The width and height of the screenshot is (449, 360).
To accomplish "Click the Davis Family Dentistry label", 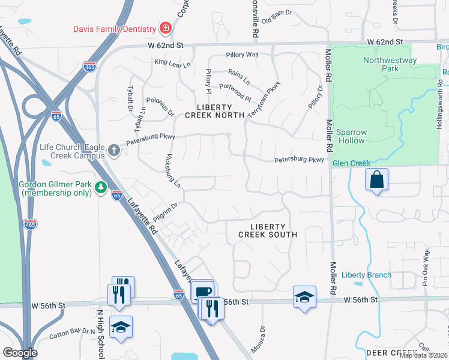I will pos(114,28).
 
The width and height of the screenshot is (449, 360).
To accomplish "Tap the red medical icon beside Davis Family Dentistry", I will pos(164,28).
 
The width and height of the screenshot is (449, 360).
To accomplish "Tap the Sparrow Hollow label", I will pos(350,136).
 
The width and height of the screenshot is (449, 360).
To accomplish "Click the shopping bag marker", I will pos(376,179).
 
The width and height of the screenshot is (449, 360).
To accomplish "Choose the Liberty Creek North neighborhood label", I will pos(214,111).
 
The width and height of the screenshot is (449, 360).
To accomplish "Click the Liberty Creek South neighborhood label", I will pos(268,230).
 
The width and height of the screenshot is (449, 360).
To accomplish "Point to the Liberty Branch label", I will pos(366,275).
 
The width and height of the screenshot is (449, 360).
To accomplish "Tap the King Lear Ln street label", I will pos(172,62).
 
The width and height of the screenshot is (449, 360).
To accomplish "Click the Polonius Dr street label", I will pos(160,107).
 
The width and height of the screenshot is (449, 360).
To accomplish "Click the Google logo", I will pos(20,352).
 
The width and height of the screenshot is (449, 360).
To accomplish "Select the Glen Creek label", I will pos(352,163).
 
